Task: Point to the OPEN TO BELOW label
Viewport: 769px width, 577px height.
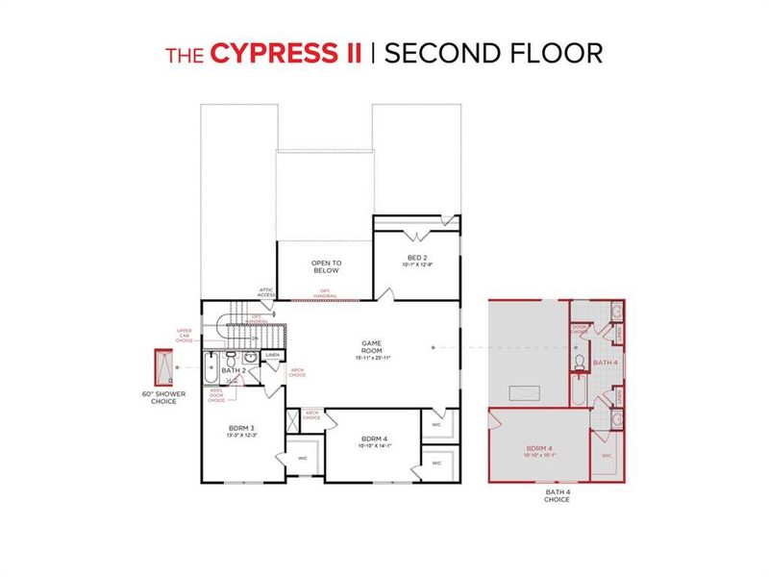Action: pos(326,266)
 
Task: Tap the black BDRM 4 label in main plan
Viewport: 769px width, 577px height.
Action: pos(369,440)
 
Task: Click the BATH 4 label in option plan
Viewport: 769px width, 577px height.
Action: pos(606,363)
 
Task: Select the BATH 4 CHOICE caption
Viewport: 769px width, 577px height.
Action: pos(557,495)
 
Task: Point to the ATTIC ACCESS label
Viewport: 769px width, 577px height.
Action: pos(266,291)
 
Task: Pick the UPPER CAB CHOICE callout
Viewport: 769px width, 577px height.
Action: pos(185,335)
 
